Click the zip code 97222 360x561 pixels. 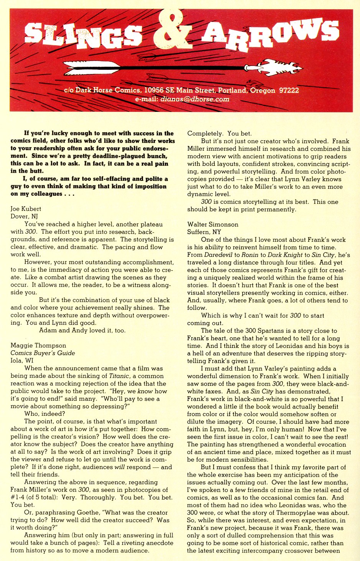(289, 90)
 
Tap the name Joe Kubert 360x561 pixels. (26, 209)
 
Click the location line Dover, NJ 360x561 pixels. (24, 217)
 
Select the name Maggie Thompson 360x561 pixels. (38, 345)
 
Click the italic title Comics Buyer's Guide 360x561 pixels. (43, 353)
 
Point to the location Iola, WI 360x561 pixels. (22, 361)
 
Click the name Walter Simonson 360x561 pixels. (213, 224)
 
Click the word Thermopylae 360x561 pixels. (284, 513)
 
